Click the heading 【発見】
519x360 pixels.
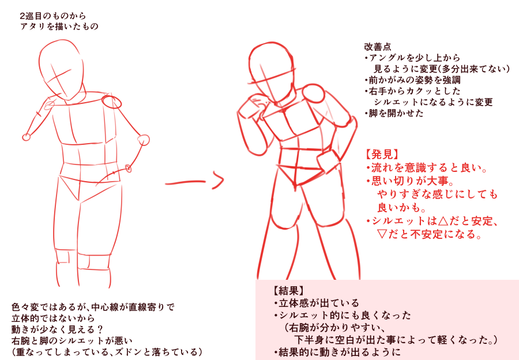pyautogui.click(x=381, y=154)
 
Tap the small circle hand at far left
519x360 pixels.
pyautogui.click(x=26, y=137)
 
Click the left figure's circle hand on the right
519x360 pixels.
pyautogui.click(x=144, y=140)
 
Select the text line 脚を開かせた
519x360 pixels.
pyautogui.click(x=394, y=113)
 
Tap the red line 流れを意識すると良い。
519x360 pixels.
pyautogui.click(x=427, y=168)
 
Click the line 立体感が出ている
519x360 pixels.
pyautogui.click(x=317, y=303)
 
